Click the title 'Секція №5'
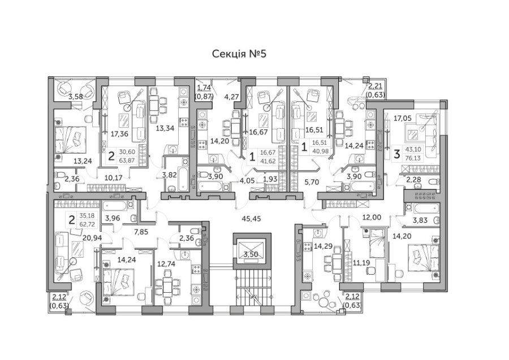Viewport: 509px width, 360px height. pyautogui.click(x=238, y=54)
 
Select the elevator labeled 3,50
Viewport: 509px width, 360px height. pyautogui.click(x=250, y=255)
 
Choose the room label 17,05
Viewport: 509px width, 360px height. pyautogui.click(x=402, y=119)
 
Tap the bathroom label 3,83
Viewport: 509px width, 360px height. pyautogui.click(x=420, y=220)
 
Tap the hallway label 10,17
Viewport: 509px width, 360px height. pyautogui.click(x=115, y=178)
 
